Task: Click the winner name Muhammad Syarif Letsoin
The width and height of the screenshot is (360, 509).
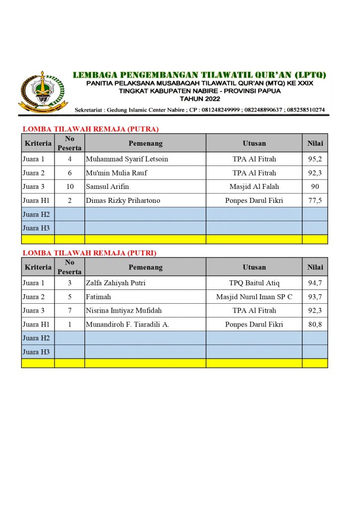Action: point(127,159)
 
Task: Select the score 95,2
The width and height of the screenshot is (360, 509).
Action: point(315,159)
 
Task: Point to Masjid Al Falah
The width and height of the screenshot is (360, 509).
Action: point(254,187)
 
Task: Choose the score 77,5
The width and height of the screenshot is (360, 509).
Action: point(315,201)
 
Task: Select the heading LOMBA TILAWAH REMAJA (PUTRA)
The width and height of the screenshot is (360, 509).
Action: point(90,129)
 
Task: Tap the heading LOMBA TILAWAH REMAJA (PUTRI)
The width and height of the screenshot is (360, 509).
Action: point(90,253)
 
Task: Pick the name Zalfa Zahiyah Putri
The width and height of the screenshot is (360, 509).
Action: point(115,283)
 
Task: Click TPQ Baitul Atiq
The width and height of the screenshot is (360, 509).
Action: point(254,283)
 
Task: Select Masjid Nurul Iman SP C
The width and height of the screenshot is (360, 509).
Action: point(254,297)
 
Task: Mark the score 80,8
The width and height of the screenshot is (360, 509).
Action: point(315,325)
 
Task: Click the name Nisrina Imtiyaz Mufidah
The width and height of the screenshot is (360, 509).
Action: point(124,311)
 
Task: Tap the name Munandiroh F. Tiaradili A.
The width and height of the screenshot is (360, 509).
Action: point(127,325)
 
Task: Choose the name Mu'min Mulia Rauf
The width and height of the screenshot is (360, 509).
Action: point(116,173)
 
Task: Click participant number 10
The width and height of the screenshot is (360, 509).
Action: point(70,187)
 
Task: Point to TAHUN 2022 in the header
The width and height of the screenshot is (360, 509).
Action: point(199,99)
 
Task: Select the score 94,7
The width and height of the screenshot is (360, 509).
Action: point(315,283)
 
